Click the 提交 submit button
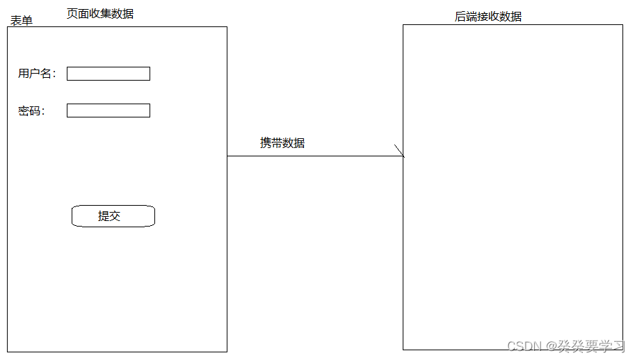[x=113, y=216]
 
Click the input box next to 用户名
[x=108, y=74]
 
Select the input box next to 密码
[x=108, y=111]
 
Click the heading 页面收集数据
[x=100, y=13]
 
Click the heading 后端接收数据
[x=488, y=17]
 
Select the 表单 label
[x=21, y=21]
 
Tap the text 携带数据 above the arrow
[x=282, y=143]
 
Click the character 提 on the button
[x=104, y=216]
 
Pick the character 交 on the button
[x=115, y=216]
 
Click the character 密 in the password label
[x=24, y=111]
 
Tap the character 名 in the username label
[x=47, y=74]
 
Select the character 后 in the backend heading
[x=460, y=17]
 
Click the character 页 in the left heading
[x=72, y=13]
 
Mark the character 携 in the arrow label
[x=266, y=143]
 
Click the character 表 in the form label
[x=15, y=21]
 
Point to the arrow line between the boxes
[x=313, y=156]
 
